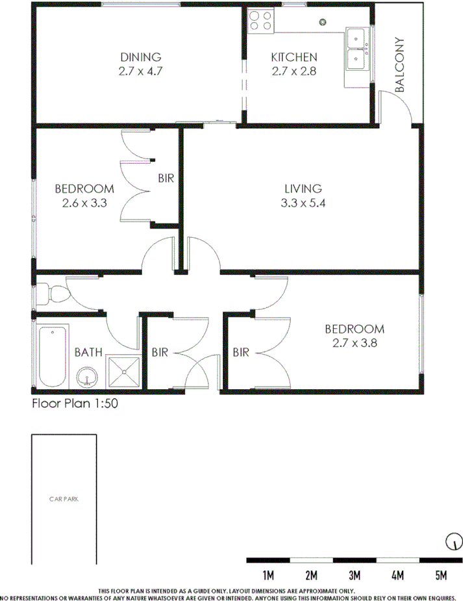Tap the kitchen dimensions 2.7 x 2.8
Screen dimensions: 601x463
(x=294, y=71)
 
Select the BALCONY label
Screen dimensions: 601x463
(x=400, y=65)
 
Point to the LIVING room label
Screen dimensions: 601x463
(x=303, y=189)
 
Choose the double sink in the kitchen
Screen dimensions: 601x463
(x=356, y=49)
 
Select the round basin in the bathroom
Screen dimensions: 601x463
(x=88, y=376)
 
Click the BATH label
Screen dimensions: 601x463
(x=88, y=353)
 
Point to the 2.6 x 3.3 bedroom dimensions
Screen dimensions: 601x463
(x=84, y=203)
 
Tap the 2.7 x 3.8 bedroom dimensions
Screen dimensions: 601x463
(x=355, y=343)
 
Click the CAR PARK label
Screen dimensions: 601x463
(x=64, y=500)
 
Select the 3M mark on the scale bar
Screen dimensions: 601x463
(x=355, y=574)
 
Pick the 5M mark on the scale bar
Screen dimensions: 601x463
(x=441, y=574)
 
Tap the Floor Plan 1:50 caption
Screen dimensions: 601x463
(x=75, y=403)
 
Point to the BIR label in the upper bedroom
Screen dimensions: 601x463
(x=166, y=177)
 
